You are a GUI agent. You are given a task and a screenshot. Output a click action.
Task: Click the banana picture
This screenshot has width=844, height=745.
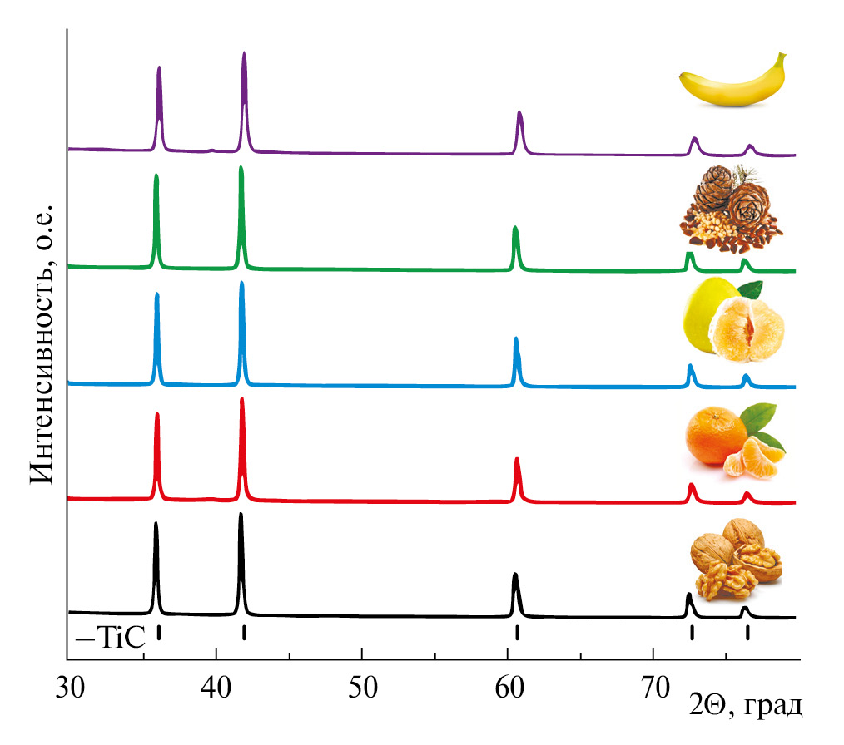pos(732,81)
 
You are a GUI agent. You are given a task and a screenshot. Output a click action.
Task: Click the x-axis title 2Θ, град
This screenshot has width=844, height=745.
pos(746,708)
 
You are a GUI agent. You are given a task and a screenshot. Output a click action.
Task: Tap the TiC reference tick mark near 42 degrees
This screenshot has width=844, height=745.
pos(244,633)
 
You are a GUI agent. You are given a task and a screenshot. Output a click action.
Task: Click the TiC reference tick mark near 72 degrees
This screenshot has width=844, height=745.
pos(692,633)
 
